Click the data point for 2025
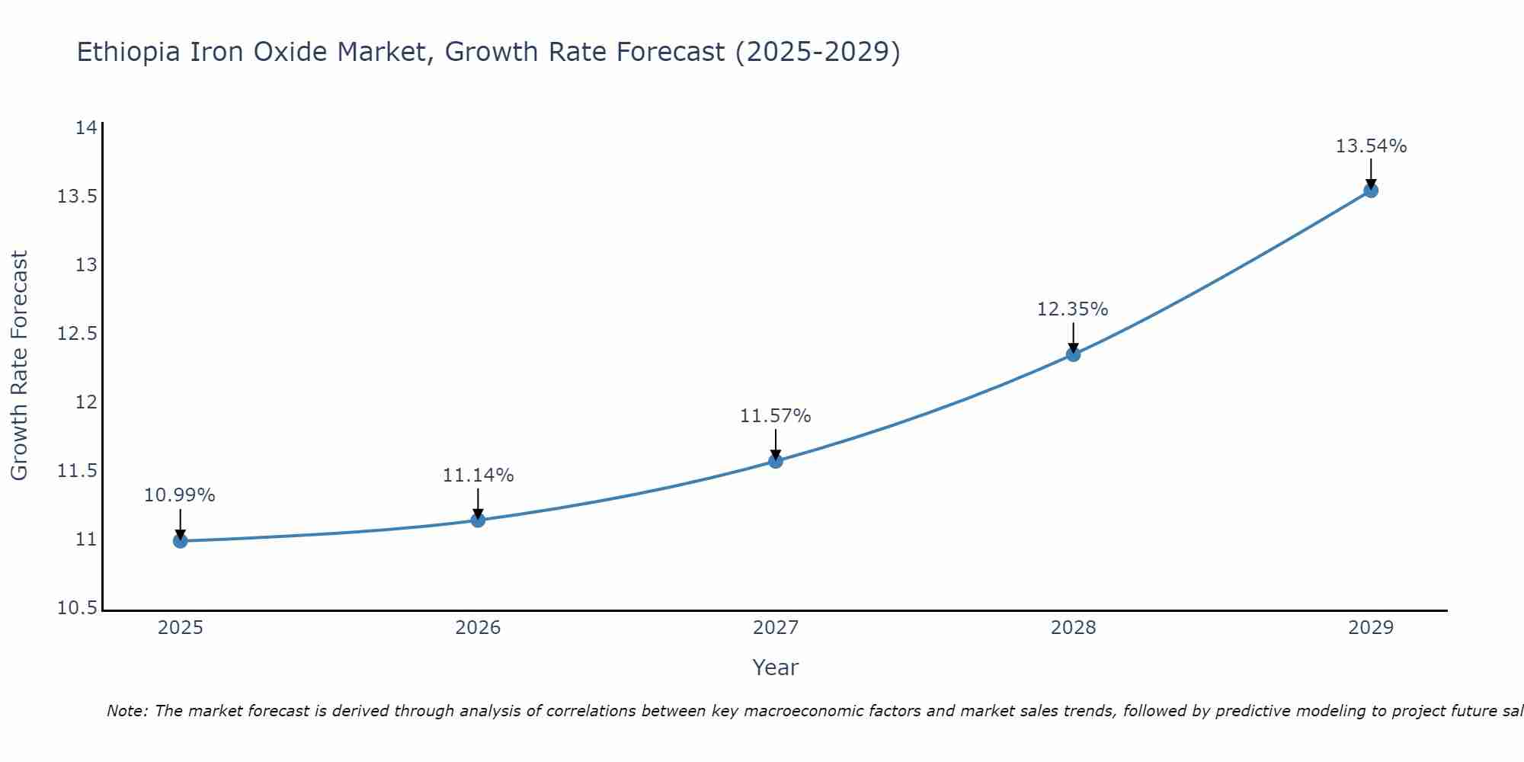click(x=181, y=541)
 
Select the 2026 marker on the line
click(x=478, y=520)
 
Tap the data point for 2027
click(x=776, y=461)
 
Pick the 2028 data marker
click(x=1073, y=354)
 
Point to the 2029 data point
click(x=1371, y=190)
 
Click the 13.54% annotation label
click(x=1371, y=146)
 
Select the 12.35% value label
click(x=1072, y=309)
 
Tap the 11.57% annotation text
click(x=775, y=416)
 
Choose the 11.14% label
click(x=478, y=475)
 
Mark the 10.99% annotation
click(x=179, y=495)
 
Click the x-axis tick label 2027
click(x=776, y=628)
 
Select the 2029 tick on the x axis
click(x=1371, y=628)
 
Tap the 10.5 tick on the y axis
click(x=77, y=608)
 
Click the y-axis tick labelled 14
click(x=86, y=128)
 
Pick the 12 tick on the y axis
click(x=86, y=402)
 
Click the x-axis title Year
click(x=775, y=668)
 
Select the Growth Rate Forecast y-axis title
click(x=19, y=366)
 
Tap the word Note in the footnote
click(x=127, y=711)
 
